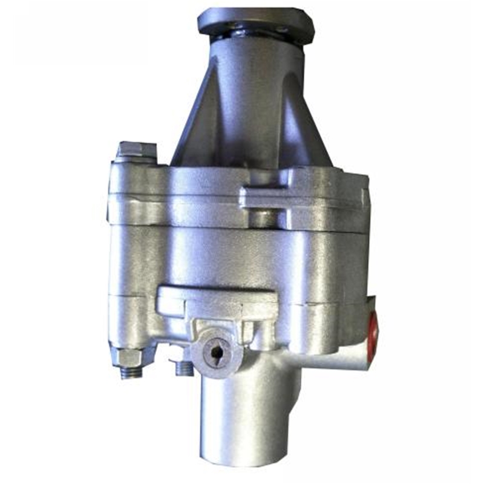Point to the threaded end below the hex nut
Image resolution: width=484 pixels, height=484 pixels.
(x=131, y=371)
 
